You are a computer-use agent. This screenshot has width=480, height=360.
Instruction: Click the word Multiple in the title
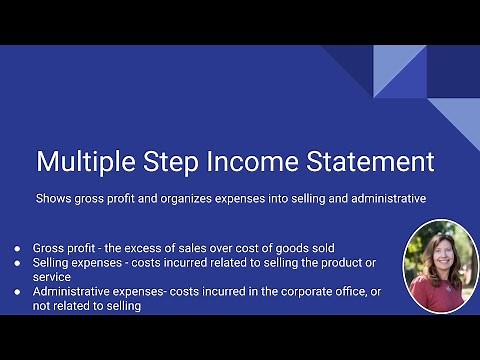(85, 162)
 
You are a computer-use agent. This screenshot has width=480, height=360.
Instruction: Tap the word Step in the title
(177, 162)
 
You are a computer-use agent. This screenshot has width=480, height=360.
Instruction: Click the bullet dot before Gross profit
(17, 248)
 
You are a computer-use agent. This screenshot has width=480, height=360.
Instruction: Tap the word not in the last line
(43, 306)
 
